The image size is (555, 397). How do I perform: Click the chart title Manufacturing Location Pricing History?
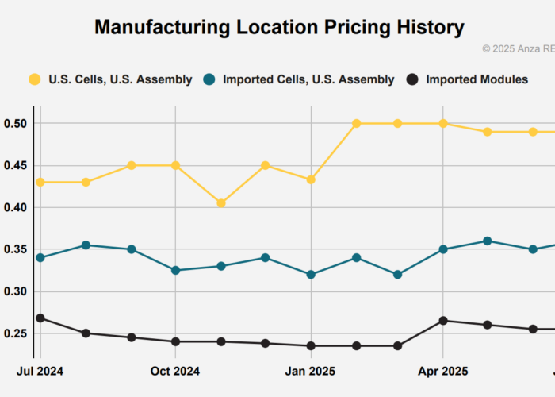pos(279,27)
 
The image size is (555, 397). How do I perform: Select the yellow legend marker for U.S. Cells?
pos(34,79)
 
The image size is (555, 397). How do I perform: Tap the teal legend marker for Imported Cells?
pos(209,79)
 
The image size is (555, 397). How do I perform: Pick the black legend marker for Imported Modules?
pos(412,79)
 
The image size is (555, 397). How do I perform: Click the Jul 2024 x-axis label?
pos(40,371)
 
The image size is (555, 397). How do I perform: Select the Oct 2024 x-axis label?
pos(175,371)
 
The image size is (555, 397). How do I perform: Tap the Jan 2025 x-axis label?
pos(311,371)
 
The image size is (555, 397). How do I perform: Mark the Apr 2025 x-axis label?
pos(443,371)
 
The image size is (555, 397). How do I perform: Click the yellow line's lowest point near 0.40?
pos(221,203)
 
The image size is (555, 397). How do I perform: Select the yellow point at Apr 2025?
pos(443,124)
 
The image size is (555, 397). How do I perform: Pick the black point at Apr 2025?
pos(443,321)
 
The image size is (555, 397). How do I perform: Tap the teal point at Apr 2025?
pos(443,249)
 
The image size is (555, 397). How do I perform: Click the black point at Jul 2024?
pos(40,318)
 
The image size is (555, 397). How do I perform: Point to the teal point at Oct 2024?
pos(175,270)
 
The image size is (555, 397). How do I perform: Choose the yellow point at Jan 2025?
pos(311,180)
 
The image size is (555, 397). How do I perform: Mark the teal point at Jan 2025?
pos(311,275)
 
